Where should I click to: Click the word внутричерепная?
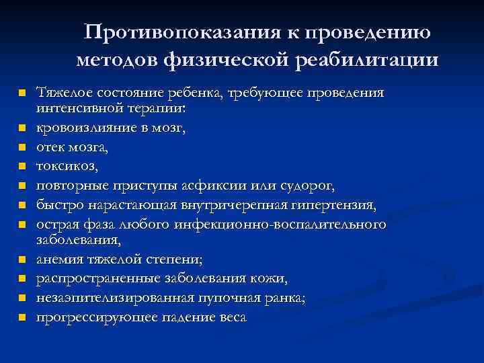point(212,204)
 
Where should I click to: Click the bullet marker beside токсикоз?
point(22,165)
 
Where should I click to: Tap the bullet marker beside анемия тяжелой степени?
point(22,258)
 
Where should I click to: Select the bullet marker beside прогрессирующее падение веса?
point(22,316)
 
